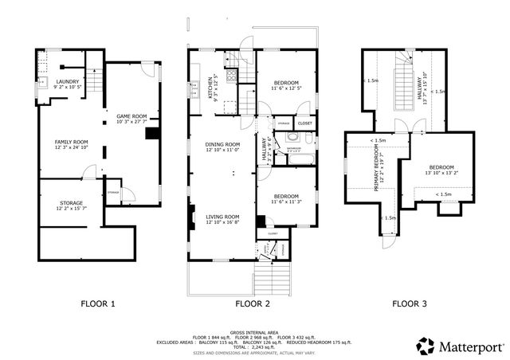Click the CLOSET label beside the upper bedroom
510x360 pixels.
(x=304, y=123)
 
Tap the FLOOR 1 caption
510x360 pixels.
(x=99, y=303)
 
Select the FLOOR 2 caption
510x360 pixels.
(x=253, y=303)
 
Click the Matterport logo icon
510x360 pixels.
(x=426, y=346)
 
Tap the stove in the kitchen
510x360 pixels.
(x=231, y=77)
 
